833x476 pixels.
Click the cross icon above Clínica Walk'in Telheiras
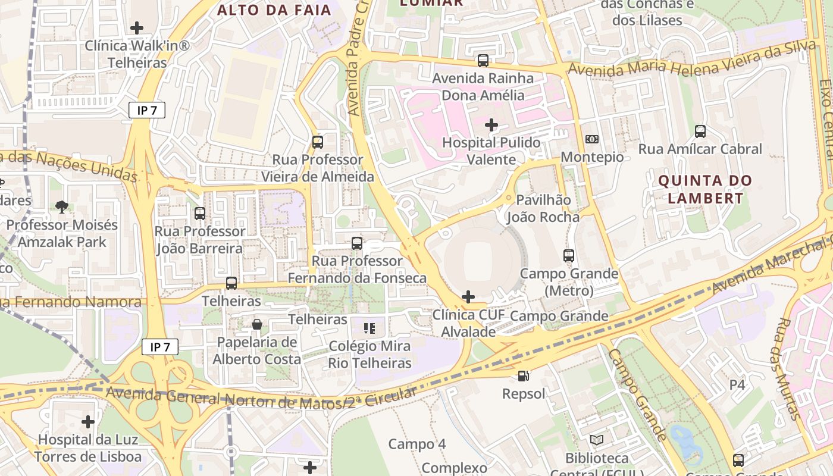coord(137,27)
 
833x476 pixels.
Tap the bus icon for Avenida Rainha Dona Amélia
coord(483,60)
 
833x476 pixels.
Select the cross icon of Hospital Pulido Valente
coord(491,125)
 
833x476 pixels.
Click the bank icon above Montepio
coord(592,139)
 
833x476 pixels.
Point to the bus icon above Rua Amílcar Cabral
coord(700,131)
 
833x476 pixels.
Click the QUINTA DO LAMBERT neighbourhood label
coord(705,189)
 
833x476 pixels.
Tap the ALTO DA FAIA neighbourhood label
coord(274,10)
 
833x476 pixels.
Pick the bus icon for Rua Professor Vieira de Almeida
coord(318,142)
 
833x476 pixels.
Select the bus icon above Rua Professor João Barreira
coord(200,213)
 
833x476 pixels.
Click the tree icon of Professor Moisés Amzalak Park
coord(61,206)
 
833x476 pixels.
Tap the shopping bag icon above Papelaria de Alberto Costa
coord(257,324)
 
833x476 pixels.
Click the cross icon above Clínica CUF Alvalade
coord(468,296)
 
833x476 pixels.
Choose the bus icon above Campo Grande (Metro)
coord(569,256)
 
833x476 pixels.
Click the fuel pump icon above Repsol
coord(523,375)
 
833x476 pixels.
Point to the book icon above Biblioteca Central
coord(597,440)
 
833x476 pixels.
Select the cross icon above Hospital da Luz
coord(88,422)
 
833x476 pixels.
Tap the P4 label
coord(737,384)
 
